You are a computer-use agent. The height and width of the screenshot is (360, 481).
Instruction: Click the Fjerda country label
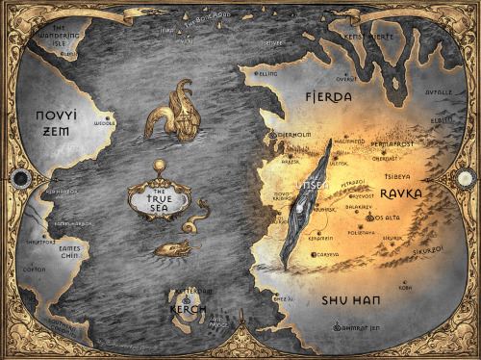pyautogui.click(x=328, y=97)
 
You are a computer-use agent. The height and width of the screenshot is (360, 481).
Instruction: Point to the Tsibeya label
pyautogui.click(x=397, y=175)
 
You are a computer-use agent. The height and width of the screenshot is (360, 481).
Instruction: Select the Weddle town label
pyautogui.click(x=103, y=124)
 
